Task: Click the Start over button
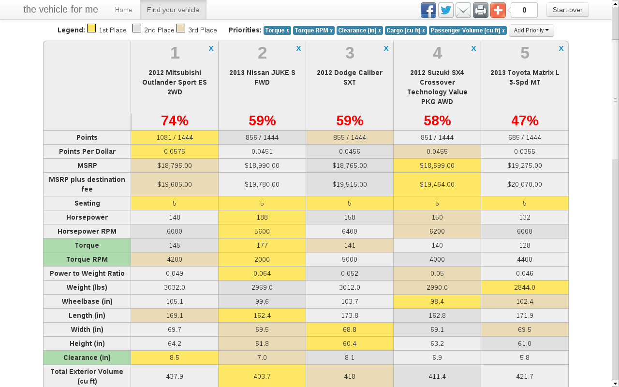pyautogui.click(x=567, y=10)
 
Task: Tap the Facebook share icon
pyautogui.click(x=428, y=10)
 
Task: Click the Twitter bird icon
pyautogui.click(x=445, y=10)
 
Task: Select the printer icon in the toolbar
pyautogui.click(x=480, y=10)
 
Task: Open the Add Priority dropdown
pyautogui.click(x=531, y=30)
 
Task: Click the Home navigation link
pyautogui.click(x=124, y=10)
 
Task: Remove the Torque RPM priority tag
pyautogui.click(x=331, y=30)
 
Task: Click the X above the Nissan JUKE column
pyautogui.click(x=298, y=48)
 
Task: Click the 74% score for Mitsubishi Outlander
pyautogui.click(x=175, y=120)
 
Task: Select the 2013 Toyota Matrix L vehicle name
pyautogui.click(x=525, y=77)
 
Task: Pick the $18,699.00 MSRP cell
pyautogui.click(x=437, y=165)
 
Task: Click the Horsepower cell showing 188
pyautogui.click(x=262, y=217)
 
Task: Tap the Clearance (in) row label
pyautogui.click(x=87, y=357)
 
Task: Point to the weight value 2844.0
pyautogui.click(x=525, y=287)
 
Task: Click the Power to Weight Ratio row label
pyautogui.click(x=87, y=273)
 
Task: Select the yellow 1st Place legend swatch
pyautogui.click(x=91, y=29)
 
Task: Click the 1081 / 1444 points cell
pyautogui.click(x=175, y=137)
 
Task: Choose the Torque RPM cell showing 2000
pyautogui.click(x=262, y=259)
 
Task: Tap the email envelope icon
pyautogui.click(x=463, y=10)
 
